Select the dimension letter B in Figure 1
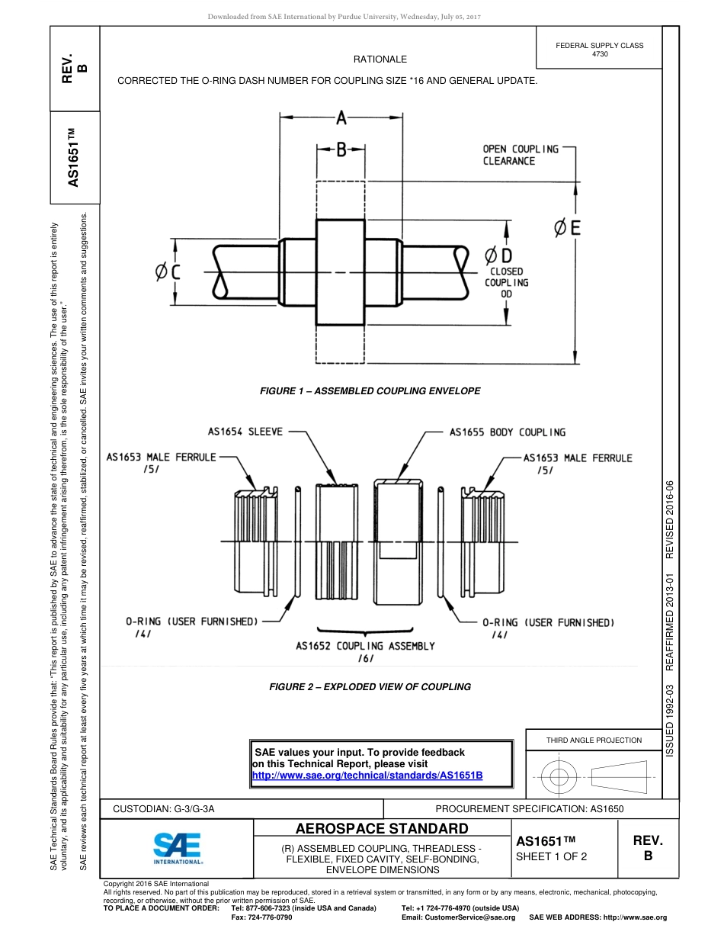[341, 150]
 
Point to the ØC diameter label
[167, 271]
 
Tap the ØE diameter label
[565, 227]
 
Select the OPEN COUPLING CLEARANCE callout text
[521, 155]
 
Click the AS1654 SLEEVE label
[245, 432]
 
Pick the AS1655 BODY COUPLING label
[508, 432]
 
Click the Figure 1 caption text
[370, 391]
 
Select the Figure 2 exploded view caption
[370, 687]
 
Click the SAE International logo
[177, 846]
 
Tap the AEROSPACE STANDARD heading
[382, 829]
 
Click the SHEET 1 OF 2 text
[551, 856]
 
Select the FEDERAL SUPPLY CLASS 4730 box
[599, 50]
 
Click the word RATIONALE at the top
[380, 59]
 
